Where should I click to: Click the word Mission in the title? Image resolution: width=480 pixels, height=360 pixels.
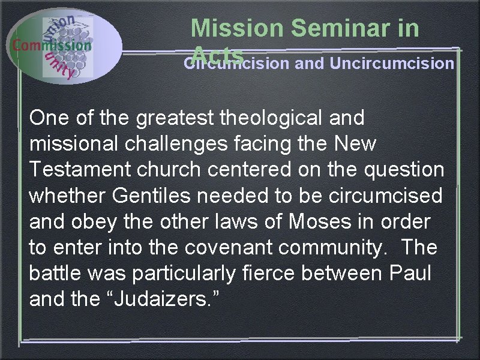pyautogui.click(x=236, y=29)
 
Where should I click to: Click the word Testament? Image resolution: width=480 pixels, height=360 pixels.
pyautogui.click(x=82, y=170)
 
